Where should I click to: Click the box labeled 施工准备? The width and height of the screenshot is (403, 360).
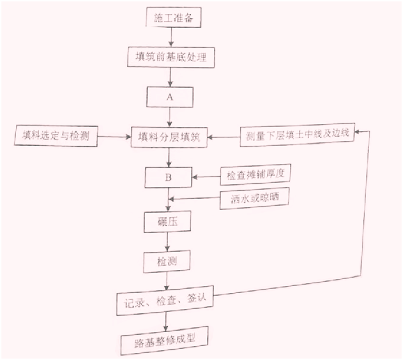[x=174, y=17]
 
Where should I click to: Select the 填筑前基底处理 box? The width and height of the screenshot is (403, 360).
[x=171, y=57]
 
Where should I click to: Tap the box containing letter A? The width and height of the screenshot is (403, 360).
[x=170, y=97]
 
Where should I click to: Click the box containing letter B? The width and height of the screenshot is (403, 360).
[x=168, y=177]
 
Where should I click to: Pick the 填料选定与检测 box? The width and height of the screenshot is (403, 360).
[x=56, y=136]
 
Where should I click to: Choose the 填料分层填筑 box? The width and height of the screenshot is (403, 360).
[x=169, y=137]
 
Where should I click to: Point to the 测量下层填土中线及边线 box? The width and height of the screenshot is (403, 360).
[x=297, y=135]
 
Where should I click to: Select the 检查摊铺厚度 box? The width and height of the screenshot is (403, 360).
[x=255, y=174]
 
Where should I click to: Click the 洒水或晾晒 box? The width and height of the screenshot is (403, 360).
[x=254, y=198]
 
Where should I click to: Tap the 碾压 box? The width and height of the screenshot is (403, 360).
[x=167, y=222]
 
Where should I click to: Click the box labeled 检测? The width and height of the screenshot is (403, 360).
[x=167, y=262]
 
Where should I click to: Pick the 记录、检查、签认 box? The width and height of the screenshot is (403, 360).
[x=165, y=301]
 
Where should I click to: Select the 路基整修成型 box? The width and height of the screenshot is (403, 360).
[x=165, y=340]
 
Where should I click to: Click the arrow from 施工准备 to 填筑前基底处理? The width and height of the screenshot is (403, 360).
[x=172, y=37]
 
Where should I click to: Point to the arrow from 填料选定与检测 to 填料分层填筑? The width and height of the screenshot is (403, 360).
[x=114, y=137]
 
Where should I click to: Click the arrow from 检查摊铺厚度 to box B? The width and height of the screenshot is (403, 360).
[x=206, y=177]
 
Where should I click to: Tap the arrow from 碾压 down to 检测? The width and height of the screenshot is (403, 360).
[x=167, y=241]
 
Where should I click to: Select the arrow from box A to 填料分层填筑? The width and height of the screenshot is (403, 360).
[x=169, y=117]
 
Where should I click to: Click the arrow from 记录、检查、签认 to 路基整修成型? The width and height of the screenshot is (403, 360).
[x=166, y=322]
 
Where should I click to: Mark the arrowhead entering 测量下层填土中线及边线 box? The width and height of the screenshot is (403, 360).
[x=358, y=132]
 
